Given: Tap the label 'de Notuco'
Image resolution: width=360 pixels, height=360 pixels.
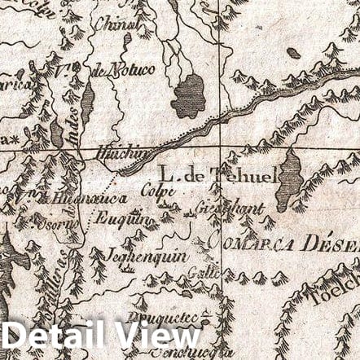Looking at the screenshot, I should point(122,72).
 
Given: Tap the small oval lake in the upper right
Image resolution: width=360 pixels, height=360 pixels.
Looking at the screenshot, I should point(293,54).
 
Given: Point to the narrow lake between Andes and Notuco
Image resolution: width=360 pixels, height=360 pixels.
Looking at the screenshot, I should point(87,102).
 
